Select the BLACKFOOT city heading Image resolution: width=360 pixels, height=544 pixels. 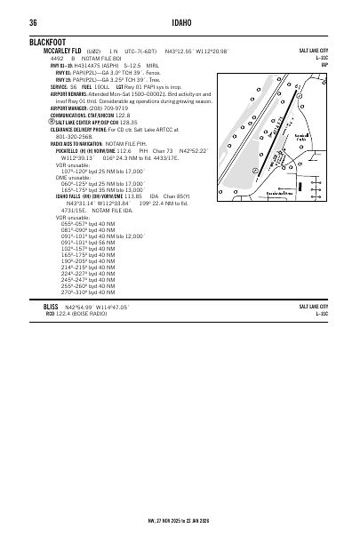point(49,42)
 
